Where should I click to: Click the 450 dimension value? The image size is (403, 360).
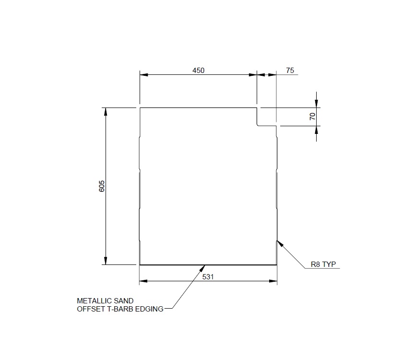[198, 71]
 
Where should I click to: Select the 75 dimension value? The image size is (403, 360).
[290, 71]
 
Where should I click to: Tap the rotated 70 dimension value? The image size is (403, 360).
[312, 117]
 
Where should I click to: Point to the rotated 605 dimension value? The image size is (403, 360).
[101, 186]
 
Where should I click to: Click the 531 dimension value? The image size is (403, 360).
[208, 277]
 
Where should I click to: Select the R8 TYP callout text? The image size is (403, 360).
[323, 264]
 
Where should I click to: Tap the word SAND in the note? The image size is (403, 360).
[123, 301]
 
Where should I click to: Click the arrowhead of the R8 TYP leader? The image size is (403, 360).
[280, 243]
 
